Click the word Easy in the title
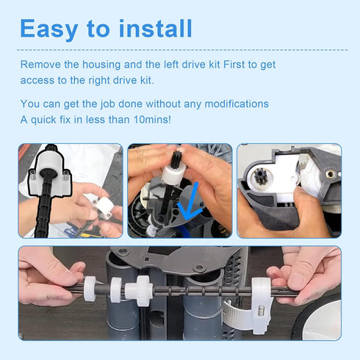pyautogui.click(x=49, y=29)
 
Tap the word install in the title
pyautogui.click(x=155, y=28)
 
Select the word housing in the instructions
pyautogui.click(x=101, y=65)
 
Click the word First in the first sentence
pyautogui.click(x=234, y=65)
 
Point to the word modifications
pyautogui.click(x=237, y=104)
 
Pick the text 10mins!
pyautogui.click(x=152, y=120)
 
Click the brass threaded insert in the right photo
pyautogui.click(x=330, y=174)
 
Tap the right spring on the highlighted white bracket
pyautogui.click(x=65, y=176)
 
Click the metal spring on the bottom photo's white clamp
pyautogui.click(x=261, y=311)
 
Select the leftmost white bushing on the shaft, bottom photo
pyautogui.click(x=90, y=289)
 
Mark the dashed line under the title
pyautogui.click(x=182, y=50)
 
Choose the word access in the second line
pyautogui.click(x=37, y=81)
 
